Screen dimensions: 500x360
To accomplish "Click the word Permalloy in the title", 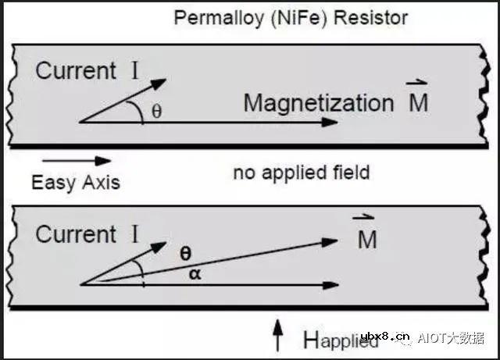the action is click(x=219, y=19).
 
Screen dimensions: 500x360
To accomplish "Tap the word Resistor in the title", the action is click(x=370, y=17).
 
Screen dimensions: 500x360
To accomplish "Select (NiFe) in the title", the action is click(x=298, y=18).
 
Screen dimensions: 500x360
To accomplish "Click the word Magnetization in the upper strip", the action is click(x=319, y=104).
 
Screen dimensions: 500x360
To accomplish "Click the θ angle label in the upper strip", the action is click(x=156, y=112).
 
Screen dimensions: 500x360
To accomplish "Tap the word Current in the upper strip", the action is click(x=76, y=71).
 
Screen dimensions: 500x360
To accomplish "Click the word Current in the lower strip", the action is click(x=76, y=234).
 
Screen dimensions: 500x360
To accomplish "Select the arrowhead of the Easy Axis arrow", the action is click(x=103, y=161).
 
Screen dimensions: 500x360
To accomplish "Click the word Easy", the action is click(x=52, y=184).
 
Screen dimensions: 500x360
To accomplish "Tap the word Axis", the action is click(x=101, y=183).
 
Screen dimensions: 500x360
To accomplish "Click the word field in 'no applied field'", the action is click(x=352, y=172).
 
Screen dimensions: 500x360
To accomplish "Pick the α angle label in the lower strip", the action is click(x=195, y=274).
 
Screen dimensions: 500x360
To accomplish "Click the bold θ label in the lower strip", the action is click(x=186, y=254).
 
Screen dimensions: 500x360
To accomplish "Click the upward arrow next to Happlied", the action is click(x=278, y=336).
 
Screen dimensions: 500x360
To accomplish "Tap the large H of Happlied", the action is click(x=311, y=340).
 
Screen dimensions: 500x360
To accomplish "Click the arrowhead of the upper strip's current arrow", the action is click(x=159, y=84).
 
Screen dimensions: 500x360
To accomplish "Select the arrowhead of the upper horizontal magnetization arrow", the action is click(x=330, y=122).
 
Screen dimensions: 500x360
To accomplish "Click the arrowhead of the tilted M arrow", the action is click(x=330, y=242).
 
